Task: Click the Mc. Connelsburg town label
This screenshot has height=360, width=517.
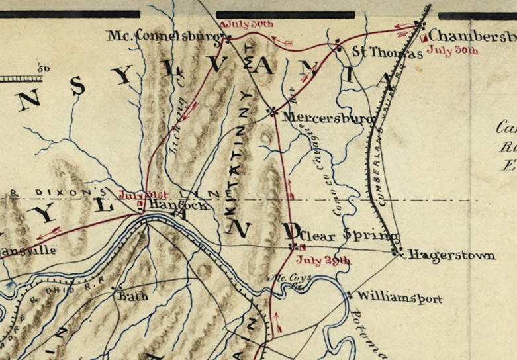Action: [x=154, y=35]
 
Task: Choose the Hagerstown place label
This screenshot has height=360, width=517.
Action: [x=450, y=255]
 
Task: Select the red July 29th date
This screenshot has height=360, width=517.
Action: [x=323, y=260]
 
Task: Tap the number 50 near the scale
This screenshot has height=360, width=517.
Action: [x=44, y=67]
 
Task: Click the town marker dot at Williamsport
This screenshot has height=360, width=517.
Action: [x=350, y=295]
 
